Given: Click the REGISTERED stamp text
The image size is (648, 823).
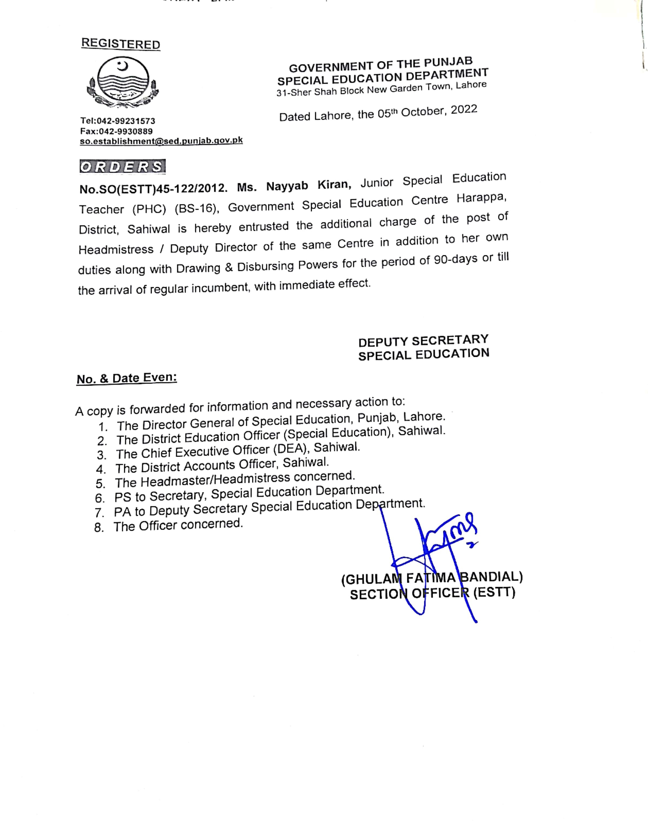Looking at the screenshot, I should [121, 44].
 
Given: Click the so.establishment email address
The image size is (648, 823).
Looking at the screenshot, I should [161, 141].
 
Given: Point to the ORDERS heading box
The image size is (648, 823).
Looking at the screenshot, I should [123, 167].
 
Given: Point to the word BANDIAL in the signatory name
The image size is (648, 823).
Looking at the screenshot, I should [491, 577].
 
